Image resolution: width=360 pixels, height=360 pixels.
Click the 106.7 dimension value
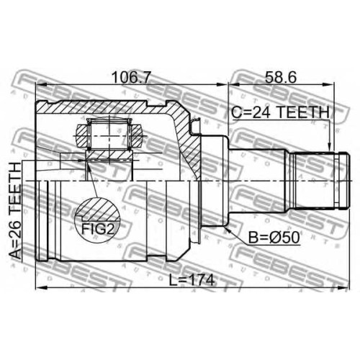(131, 77)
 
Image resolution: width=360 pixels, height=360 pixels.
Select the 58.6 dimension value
(281, 77)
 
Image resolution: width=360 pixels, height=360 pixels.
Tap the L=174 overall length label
(192, 280)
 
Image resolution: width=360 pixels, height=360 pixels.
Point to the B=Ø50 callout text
(274, 238)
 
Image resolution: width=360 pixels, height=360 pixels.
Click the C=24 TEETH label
(281, 112)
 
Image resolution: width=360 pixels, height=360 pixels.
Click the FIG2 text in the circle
(97, 229)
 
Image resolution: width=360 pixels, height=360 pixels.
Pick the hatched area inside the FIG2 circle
(97, 210)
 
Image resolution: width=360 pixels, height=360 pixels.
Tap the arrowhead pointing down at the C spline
(330, 146)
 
